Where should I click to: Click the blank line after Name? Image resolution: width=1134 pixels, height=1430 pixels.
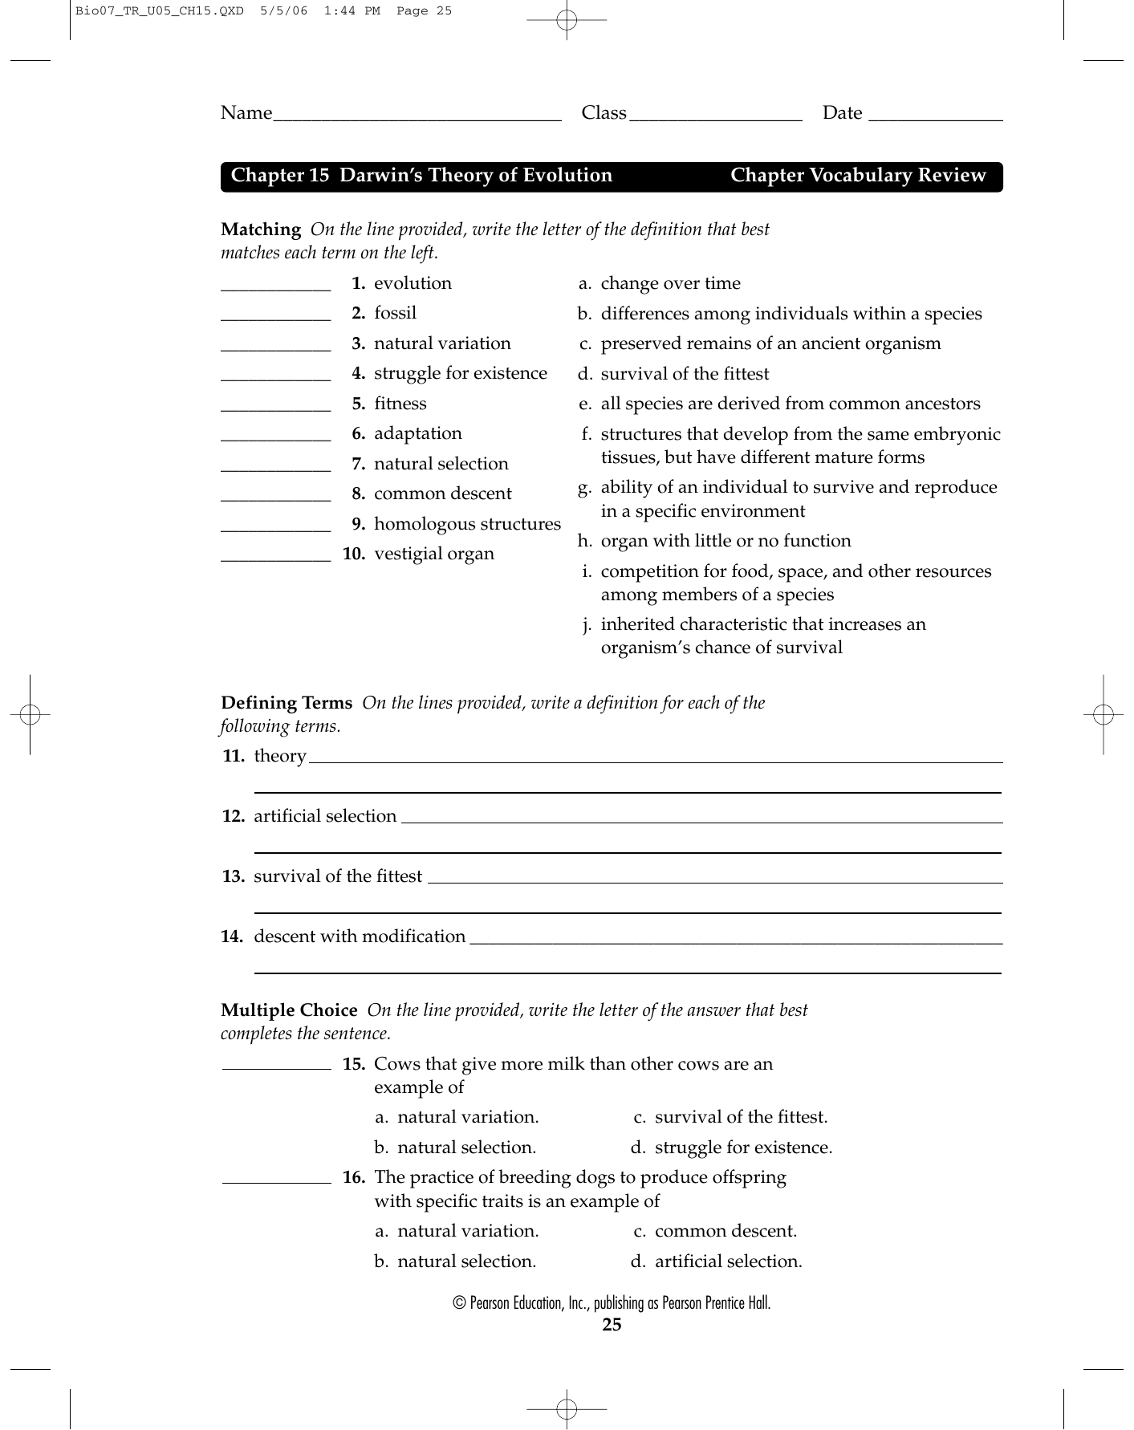click(417, 117)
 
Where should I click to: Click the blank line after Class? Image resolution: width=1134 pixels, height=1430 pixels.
click(716, 117)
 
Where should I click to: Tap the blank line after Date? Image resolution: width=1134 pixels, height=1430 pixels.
click(935, 117)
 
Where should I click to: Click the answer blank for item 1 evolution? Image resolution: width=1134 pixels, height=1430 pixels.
click(275, 286)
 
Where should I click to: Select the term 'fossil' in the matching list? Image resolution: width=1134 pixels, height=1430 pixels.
click(395, 313)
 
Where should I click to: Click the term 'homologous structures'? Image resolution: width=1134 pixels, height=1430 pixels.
click(467, 524)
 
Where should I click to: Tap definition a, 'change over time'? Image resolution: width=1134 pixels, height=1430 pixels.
click(670, 283)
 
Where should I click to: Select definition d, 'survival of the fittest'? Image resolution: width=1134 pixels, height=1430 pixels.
click(685, 374)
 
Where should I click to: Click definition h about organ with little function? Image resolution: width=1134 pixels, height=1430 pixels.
click(726, 541)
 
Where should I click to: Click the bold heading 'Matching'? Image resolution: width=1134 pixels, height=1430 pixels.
click(261, 230)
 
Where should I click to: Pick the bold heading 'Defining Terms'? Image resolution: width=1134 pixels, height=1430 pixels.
click(287, 703)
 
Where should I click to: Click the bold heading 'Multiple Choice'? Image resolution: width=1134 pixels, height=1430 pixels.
click(289, 1010)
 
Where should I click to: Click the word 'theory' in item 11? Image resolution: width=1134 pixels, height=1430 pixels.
click(280, 756)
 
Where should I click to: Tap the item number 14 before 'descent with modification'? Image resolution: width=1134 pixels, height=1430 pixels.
click(232, 936)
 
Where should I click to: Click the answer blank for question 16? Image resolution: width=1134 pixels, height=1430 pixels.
click(275, 1180)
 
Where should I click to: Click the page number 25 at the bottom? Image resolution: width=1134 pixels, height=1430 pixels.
click(612, 1325)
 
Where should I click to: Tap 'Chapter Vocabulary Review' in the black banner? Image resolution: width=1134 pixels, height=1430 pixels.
click(858, 176)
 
